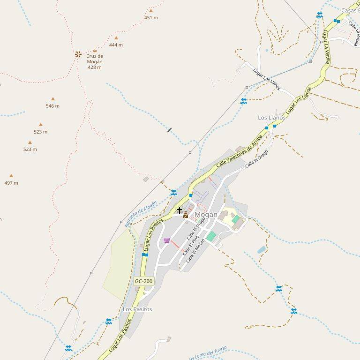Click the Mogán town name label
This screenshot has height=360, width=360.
[206, 215]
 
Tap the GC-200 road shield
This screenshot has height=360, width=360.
[143, 281]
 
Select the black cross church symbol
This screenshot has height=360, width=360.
[180, 210]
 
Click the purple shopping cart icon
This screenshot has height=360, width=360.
[167, 240]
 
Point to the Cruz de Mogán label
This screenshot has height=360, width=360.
[95, 61]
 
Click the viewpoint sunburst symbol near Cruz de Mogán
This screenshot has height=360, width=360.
[78, 54]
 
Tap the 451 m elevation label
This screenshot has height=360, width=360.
[151, 18]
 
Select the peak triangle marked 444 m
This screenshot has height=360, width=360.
[116, 38]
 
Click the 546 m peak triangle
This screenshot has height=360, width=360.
[52, 99]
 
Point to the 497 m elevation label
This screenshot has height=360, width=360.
[11, 183]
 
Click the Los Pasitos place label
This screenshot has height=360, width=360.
[137, 309]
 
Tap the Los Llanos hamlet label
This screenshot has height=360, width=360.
[271, 118]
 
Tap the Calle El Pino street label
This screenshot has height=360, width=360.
[191, 246]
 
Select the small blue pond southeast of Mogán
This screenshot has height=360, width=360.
[262, 250]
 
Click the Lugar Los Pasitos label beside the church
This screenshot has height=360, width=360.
[154, 235]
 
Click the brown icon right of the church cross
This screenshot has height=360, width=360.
[186, 215]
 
